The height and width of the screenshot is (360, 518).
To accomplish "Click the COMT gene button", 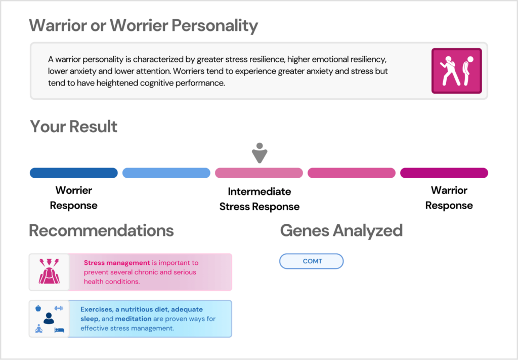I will (x=312, y=261).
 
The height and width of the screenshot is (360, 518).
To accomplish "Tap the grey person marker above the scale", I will (x=259, y=153).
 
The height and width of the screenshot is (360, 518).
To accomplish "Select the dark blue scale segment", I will (x=74, y=173).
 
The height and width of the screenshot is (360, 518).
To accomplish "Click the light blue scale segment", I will (x=166, y=173).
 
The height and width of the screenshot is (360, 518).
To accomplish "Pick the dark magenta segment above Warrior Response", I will (x=444, y=173).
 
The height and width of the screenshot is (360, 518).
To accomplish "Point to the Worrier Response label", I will (x=74, y=198).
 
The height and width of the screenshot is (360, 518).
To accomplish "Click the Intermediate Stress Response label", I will (x=259, y=199).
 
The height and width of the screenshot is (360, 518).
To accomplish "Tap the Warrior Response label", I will (x=449, y=198).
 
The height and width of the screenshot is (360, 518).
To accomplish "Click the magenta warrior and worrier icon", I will (x=456, y=71).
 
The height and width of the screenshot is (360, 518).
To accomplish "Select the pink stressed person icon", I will (x=49, y=272).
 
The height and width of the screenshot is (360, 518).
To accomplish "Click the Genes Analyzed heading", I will (x=341, y=231).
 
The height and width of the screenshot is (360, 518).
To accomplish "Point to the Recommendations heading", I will (x=101, y=231).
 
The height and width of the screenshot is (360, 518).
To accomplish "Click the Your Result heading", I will (x=74, y=127).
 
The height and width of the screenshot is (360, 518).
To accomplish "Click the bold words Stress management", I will (x=117, y=263).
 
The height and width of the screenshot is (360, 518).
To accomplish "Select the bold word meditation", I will (x=133, y=318).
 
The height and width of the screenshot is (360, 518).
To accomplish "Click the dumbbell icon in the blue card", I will (x=59, y=308).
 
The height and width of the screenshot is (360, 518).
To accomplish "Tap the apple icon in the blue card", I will (x=38, y=308).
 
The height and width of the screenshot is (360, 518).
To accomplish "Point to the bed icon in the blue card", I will (x=59, y=330).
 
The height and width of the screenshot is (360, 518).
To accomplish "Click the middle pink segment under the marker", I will (x=259, y=173).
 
